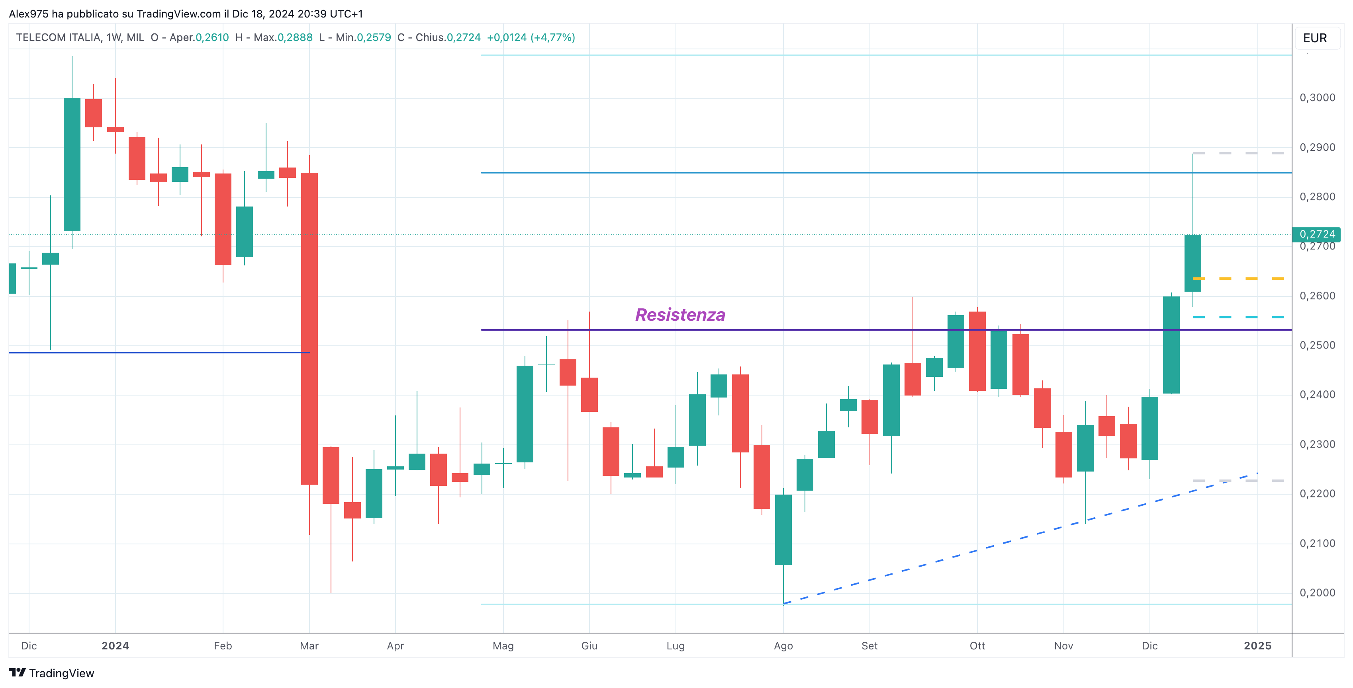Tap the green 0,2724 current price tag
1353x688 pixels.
(x=1317, y=234)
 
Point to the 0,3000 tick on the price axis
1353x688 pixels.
(x=1317, y=97)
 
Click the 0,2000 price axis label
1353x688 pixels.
(x=1317, y=593)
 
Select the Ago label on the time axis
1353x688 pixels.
(x=783, y=646)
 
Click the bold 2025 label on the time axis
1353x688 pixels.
(x=1257, y=646)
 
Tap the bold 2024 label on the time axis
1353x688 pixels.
(x=115, y=646)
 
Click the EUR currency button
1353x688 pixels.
(x=1315, y=38)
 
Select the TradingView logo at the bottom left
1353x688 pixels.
(x=51, y=673)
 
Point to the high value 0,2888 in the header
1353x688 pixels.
(x=295, y=38)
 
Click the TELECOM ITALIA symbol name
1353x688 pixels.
(x=58, y=38)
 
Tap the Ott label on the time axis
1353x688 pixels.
(x=977, y=646)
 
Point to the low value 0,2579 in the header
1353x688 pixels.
(x=374, y=38)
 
